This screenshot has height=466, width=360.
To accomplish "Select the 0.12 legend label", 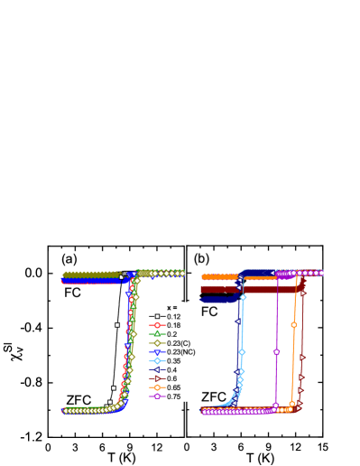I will pos(173,317).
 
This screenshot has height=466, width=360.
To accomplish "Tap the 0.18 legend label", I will pos(173,326).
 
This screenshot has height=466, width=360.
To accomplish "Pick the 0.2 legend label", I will pos(171,334).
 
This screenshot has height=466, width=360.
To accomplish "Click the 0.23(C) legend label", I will pos(178,343).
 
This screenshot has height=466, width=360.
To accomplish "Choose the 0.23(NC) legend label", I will pos(180,352).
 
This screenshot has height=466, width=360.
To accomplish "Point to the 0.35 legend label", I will pos(173,361).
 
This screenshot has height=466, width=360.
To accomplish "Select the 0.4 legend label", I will pos(171,370).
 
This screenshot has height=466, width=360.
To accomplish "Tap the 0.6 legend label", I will pos(171,379).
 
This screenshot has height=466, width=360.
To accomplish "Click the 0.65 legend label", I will pos(173,387).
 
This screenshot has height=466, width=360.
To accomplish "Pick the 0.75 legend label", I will pos(173,396).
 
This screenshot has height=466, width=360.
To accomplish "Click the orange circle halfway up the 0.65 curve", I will pos(293,324).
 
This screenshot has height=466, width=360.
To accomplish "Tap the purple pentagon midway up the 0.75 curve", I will pos(276,351).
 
